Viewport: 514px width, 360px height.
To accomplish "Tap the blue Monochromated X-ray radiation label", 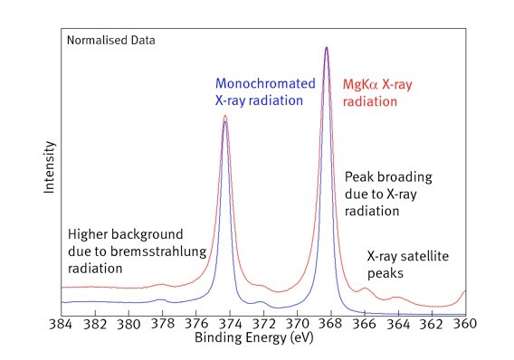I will [265, 92].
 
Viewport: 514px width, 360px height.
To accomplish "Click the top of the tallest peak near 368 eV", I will [326, 47].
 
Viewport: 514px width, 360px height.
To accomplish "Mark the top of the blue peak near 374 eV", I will [225, 121].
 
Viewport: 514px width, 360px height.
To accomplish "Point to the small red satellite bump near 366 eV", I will [365, 289].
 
